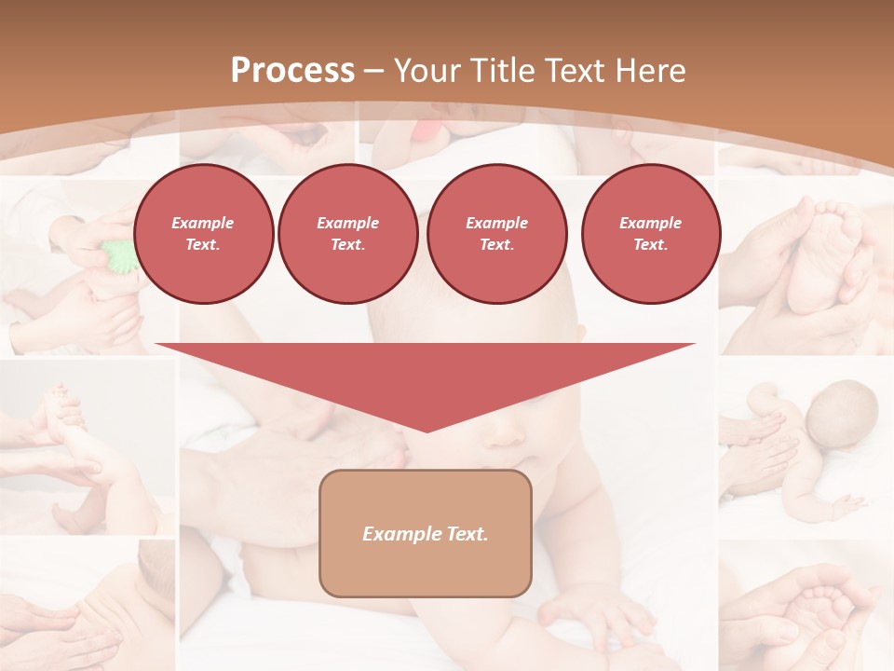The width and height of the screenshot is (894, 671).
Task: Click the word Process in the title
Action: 292,71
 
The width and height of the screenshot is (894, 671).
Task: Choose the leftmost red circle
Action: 203,233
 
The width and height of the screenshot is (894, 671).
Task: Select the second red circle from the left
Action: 347,233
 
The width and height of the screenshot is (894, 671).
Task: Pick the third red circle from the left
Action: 496,233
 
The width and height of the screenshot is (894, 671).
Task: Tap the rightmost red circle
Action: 650,233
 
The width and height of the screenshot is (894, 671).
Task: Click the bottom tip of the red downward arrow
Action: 427,430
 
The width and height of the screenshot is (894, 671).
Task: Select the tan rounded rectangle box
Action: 425,533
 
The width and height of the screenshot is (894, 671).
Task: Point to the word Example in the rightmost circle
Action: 650,223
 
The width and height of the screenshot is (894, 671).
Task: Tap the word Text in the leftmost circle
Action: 202,245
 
